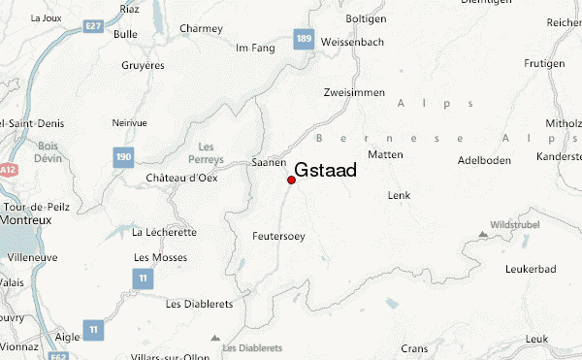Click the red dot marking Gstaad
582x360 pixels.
[x=292, y=180]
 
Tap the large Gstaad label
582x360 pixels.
[x=325, y=169]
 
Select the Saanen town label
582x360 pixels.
[x=269, y=163]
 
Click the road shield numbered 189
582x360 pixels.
[x=303, y=39]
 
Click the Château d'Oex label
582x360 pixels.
[x=180, y=178]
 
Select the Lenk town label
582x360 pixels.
[x=399, y=195]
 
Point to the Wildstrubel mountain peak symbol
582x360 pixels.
[x=483, y=233]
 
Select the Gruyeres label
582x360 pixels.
[x=142, y=66]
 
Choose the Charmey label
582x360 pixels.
[x=201, y=29]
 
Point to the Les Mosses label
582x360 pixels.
[x=154, y=256]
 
